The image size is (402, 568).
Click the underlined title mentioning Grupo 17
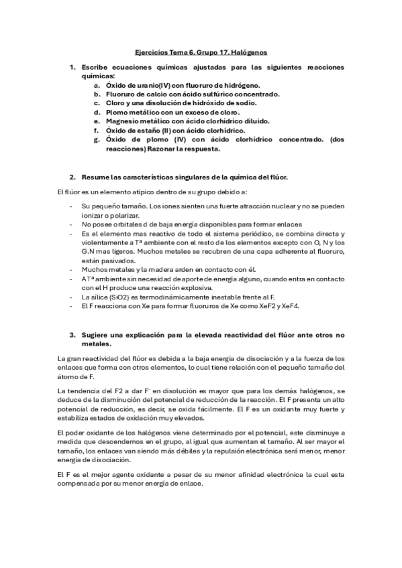[201, 52]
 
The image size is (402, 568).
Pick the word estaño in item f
[162, 130]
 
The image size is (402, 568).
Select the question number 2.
[72, 177]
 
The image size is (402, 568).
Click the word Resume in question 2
[94, 177]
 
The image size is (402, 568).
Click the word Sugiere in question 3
[95, 334]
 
